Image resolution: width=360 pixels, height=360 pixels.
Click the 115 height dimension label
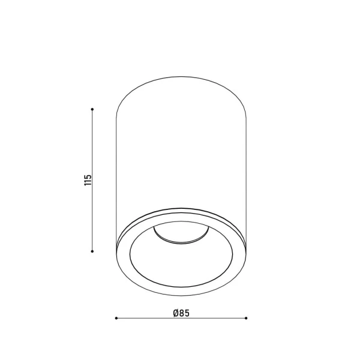[88, 180]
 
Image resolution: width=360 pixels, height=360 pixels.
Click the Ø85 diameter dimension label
[181, 312]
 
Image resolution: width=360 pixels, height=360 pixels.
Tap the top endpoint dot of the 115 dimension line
[92, 109]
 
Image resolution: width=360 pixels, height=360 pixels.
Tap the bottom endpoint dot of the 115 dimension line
[92, 251]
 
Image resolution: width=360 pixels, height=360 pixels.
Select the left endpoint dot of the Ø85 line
[115, 319]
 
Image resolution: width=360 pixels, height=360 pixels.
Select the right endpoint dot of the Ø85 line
[246, 319]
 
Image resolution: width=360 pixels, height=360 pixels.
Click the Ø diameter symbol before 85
[175, 312]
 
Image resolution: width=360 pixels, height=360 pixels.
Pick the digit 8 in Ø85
[181, 312]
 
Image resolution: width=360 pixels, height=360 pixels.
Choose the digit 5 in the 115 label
[88, 175]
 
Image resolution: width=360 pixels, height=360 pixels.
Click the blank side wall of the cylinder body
[181, 150]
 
